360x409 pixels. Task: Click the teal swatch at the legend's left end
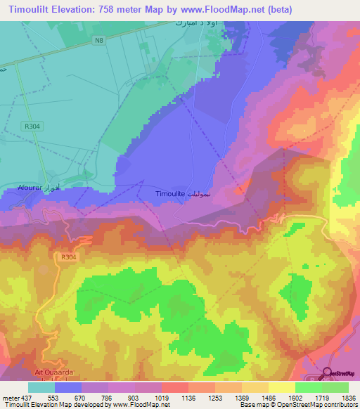[41, 387]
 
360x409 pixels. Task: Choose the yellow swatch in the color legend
[281, 387]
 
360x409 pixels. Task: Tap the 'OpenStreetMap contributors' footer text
[320, 405]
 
